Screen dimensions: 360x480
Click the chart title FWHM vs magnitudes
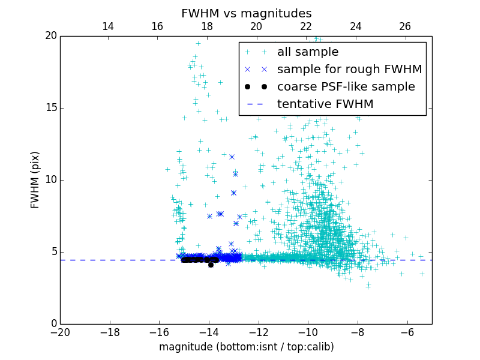point(246,13)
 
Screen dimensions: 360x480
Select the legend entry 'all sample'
point(307,52)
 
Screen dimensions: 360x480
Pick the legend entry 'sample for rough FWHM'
point(349,70)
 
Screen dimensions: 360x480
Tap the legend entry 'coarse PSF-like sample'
point(346,87)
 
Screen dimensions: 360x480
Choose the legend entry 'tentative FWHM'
point(325,104)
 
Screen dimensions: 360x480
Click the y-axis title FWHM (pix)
point(35,180)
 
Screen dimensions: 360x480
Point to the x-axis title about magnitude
point(246,347)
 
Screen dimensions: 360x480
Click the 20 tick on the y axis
point(50,36)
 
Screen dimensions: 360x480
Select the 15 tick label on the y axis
point(50,108)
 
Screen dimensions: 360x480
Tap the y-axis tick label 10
point(50,180)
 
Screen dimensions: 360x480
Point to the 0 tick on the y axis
point(53,324)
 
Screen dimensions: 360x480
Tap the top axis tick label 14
point(108,26)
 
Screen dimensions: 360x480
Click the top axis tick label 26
point(405,26)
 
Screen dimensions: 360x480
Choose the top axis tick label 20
point(256,26)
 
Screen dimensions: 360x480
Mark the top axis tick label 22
point(306,26)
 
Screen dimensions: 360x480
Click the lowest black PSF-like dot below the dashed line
point(211,265)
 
